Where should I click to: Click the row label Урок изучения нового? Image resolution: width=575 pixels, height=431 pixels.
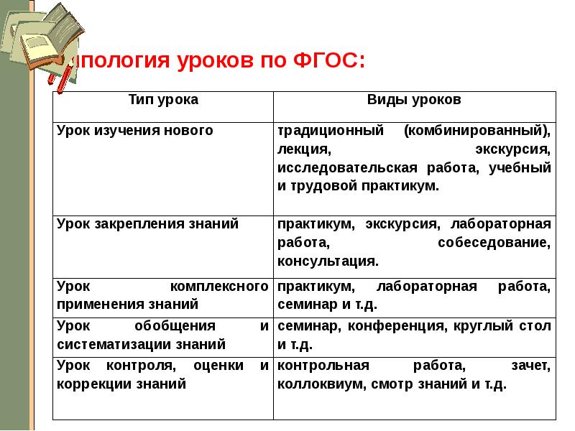(135, 131)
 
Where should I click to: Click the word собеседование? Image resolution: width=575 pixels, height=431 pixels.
(494, 242)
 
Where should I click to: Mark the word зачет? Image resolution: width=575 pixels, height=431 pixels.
(532, 366)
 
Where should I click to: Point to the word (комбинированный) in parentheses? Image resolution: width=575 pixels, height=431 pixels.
(477, 131)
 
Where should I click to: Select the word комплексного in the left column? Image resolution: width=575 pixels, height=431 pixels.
(216, 287)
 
